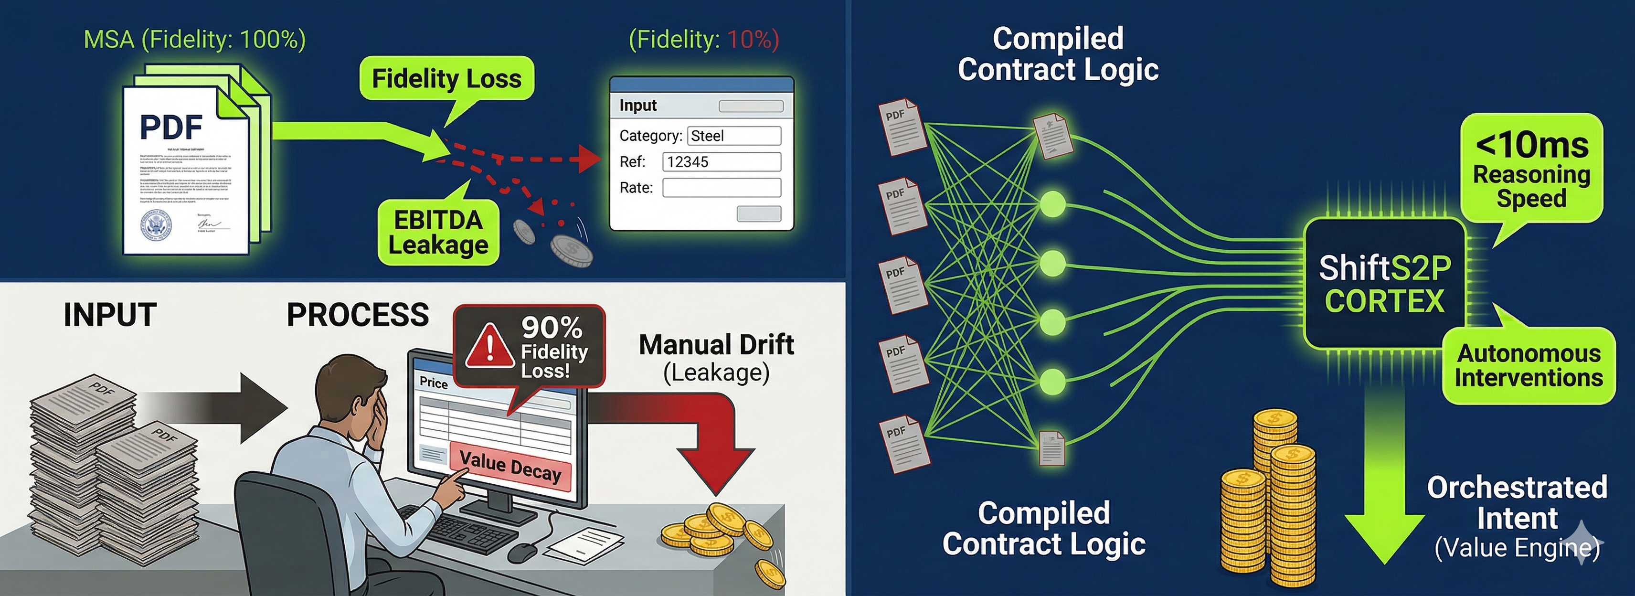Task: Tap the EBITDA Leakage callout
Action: point(438,232)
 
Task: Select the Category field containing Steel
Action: point(734,136)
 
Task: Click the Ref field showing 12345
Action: point(721,162)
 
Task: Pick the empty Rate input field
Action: point(721,188)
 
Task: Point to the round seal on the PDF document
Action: point(156,224)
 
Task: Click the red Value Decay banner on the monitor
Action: point(510,467)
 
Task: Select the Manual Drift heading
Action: point(716,345)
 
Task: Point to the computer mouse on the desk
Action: point(522,552)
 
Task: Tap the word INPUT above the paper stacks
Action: point(110,315)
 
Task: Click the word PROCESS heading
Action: point(357,315)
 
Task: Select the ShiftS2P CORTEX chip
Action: point(1384,284)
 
